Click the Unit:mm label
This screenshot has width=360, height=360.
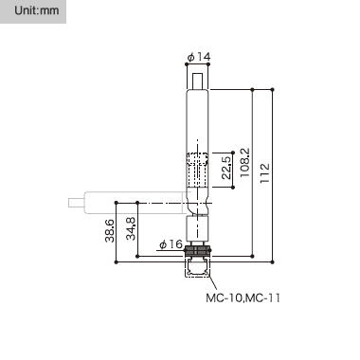pos(29,12)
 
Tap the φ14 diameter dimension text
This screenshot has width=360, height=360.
pos(199,57)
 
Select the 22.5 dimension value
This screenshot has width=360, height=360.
pos(225,169)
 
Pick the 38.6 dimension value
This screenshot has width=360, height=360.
pos(109,229)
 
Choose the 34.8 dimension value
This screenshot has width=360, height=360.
pos(131,229)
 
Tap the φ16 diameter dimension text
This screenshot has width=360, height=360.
pos(171,245)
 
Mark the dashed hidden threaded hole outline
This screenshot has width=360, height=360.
pos(197,170)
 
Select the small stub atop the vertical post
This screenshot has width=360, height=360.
pos(197,81)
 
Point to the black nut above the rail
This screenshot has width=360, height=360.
pos(197,254)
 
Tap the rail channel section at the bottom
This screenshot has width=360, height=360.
pos(197,270)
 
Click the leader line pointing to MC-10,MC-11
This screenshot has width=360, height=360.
pos(212,282)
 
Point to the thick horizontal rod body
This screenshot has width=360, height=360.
pos(133,201)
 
